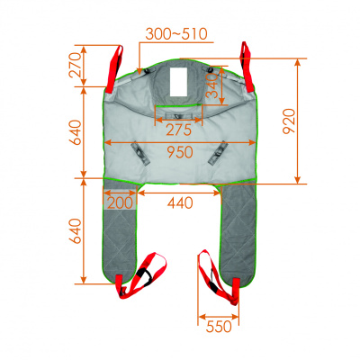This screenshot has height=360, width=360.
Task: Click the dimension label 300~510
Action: point(176,34)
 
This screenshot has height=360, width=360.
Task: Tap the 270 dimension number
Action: point(76,65)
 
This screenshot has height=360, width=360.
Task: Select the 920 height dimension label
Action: point(290,121)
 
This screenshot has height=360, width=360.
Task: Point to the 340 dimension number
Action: point(212,85)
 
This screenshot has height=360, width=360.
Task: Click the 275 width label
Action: point(178,130)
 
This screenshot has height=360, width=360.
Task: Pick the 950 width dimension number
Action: point(180,152)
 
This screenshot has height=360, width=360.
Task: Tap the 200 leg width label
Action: point(120,203)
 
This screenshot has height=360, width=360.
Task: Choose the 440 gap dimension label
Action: point(180,203)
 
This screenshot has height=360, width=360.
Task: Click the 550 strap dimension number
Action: point(219,327)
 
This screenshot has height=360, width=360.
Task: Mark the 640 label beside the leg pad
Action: point(76,231)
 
